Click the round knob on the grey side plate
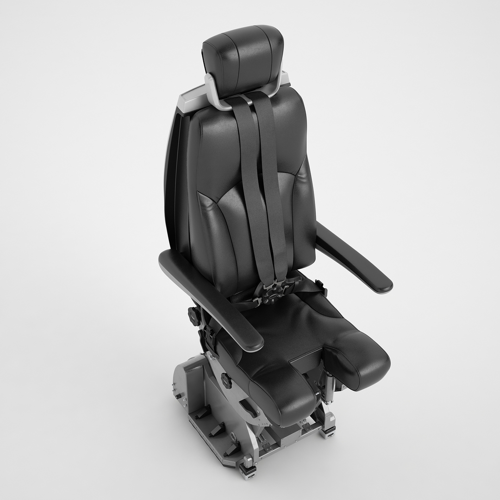[226, 381]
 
